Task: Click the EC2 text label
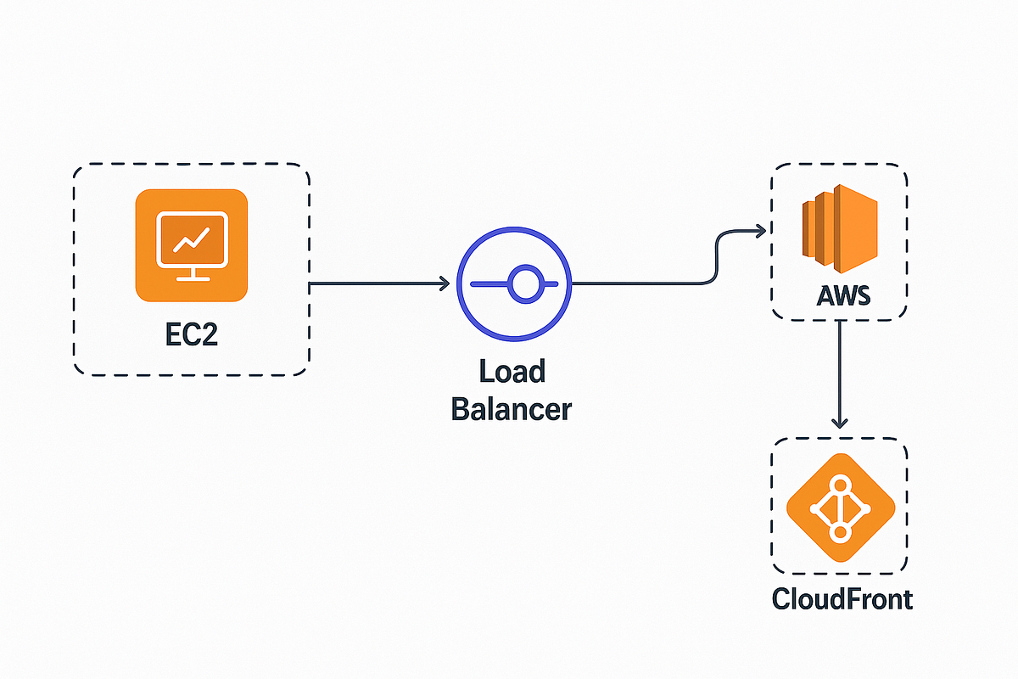[191, 333]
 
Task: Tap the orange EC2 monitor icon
[191, 244]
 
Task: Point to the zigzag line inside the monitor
[191, 240]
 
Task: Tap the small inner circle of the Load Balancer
[523, 283]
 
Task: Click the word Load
[512, 372]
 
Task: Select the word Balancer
[512, 409]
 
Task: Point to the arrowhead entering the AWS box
[760, 231]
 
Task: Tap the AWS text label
[840, 297]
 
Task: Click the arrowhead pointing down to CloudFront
[840, 422]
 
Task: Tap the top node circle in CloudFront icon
[841, 485]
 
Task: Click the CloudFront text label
[842, 599]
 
